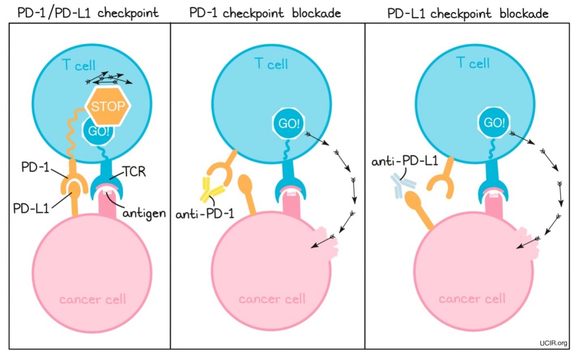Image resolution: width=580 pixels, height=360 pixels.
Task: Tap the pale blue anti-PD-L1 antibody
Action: pos(402,186)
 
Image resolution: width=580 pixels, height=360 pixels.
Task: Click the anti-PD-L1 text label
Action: pos(404,162)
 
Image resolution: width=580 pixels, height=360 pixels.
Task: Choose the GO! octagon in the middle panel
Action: pos(285,123)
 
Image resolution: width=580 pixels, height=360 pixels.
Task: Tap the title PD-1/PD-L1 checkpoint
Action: pos(87,12)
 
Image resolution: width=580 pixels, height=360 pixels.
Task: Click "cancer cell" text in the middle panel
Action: pos(272,298)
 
